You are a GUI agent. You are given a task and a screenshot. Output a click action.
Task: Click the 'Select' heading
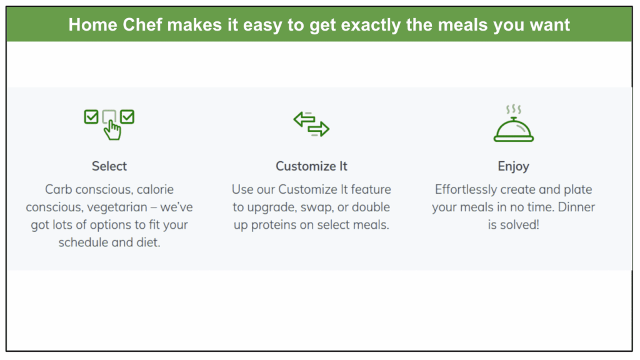tap(109, 166)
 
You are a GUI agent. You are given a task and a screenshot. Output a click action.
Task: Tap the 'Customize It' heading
tap(311, 166)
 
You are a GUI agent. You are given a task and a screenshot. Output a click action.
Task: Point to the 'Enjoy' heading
tap(514, 166)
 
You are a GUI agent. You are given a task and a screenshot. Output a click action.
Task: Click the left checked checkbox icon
tap(91, 117)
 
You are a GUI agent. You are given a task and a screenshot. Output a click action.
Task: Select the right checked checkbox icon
tap(127, 117)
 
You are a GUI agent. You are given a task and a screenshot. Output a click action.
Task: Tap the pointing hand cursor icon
tap(112, 131)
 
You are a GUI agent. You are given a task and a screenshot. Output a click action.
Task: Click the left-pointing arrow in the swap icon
tap(304, 119)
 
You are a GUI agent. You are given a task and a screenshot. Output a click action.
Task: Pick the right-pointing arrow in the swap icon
tap(319, 129)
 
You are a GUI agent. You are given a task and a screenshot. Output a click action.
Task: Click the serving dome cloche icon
tap(514, 130)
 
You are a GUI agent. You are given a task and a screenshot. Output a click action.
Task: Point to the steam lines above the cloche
tap(514, 109)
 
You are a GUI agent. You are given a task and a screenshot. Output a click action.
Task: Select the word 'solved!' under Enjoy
tap(522, 224)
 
